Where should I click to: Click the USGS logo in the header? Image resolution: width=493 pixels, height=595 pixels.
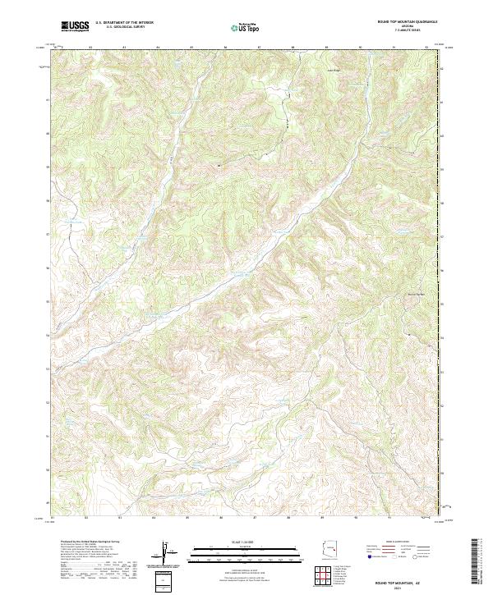coord(75,27)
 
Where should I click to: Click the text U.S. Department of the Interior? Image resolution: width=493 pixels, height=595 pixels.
coord(125,24)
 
